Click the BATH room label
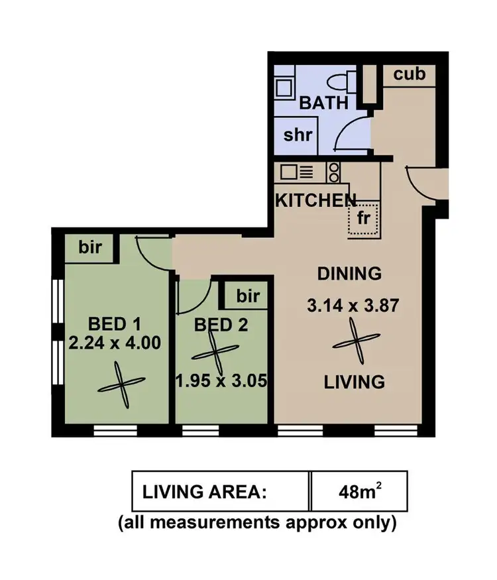click(323, 103)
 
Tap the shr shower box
click(298, 135)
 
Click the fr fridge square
click(362, 218)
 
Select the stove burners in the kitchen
click(334, 173)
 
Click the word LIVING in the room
click(354, 382)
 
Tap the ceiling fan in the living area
click(355, 344)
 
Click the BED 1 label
click(115, 324)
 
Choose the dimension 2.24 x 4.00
click(117, 344)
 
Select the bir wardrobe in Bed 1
click(91, 248)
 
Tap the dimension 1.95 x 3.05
click(222, 382)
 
